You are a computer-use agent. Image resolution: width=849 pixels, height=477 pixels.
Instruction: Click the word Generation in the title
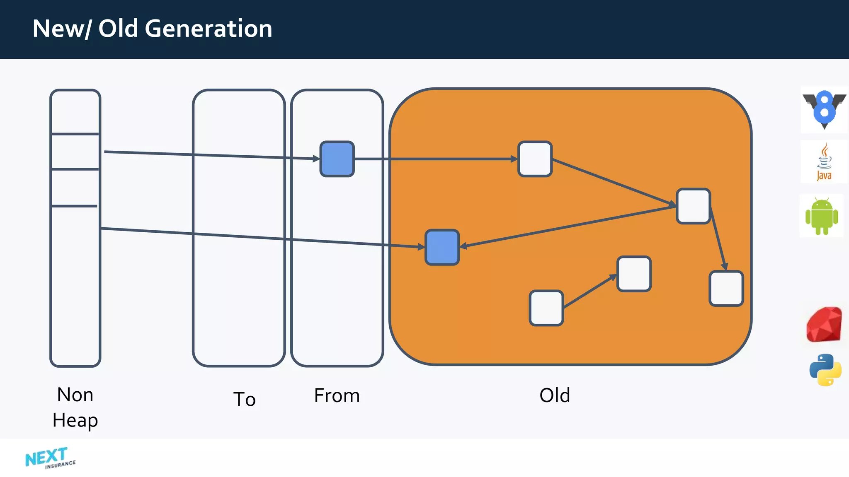coord(208,29)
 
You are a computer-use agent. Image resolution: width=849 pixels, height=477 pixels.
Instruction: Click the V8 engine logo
coord(824,109)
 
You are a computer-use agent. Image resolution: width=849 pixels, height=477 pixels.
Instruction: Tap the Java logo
coord(824,162)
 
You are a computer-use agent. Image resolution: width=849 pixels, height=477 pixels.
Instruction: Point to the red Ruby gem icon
coord(824,324)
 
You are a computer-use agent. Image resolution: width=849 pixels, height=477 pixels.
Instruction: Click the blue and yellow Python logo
coord(825,370)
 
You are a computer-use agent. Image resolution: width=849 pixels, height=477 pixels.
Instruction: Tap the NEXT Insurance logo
coord(50,458)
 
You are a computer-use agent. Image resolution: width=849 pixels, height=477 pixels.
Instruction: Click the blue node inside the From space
coord(337,159)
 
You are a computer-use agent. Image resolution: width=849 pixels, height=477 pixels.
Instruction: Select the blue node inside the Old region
coord(442,247)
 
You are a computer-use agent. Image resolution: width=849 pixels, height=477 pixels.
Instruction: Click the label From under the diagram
coord(337,395)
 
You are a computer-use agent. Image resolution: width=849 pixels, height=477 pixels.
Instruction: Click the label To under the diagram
coord(244,399)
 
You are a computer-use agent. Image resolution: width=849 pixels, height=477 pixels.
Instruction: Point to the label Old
coord(555,395)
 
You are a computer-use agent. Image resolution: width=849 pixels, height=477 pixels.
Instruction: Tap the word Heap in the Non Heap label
coord(75,421)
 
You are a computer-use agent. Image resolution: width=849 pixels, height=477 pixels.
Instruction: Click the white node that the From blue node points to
coord(535,159)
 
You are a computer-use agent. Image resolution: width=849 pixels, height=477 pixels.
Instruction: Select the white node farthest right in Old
coord(726,289)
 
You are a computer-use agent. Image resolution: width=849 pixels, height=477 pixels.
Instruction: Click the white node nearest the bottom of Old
coord(546,308)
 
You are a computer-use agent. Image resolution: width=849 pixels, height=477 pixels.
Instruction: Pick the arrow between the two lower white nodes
coord(590,291)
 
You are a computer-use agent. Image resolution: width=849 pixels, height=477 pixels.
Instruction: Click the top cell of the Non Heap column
coord(75,112)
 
